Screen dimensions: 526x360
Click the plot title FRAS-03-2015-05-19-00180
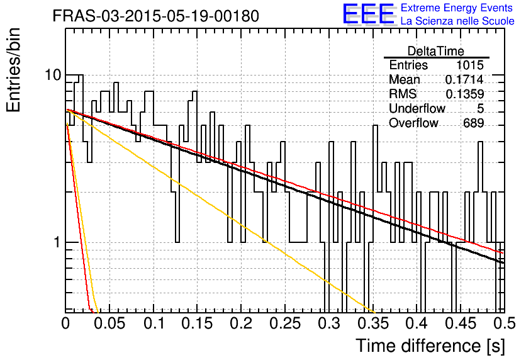(x=155, y=16)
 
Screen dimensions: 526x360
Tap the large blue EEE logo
(x=368, y=14)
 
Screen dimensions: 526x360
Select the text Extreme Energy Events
(x=457, y=8)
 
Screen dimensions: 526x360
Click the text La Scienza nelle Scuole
(x=457, y=21)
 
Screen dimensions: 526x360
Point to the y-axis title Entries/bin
(x=13, y=70)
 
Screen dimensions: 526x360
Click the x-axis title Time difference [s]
(x=430, y=346)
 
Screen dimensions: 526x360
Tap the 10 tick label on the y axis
(x=53, y=75)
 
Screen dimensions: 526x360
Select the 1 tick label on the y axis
(x=57, y=242)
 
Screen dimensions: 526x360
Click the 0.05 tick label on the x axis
(x=109, y=323)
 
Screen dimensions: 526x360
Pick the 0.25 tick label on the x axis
(x=284, y=323)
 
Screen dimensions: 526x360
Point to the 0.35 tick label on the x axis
(x=372, y=323)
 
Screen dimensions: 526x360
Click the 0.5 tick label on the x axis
(x=504, y=323)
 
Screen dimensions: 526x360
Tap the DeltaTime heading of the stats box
(x=436, y=51)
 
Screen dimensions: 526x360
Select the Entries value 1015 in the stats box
(x=469, y=65)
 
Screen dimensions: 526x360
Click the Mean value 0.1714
(x=464, y=79)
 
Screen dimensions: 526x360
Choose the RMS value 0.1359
(x=464, y=94)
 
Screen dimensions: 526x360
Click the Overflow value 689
(x=473, y=123)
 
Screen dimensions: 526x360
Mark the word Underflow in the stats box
(x=417, y=108)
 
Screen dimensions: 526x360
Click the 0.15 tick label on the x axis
(x=197, y=323)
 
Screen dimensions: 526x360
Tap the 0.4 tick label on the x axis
(x=417, y=323)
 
